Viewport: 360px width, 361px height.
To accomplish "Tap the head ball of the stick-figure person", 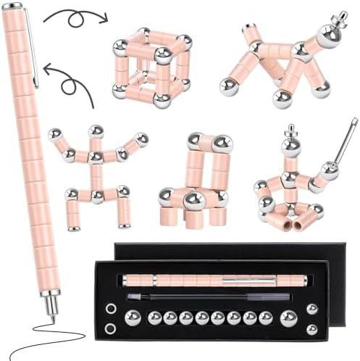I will pyautogui.click(x=96, y=131).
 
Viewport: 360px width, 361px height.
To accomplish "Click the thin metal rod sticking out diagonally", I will pyautogui.click(x=347, y=142).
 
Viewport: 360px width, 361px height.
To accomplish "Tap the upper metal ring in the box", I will pyautogui.click(x=110, y=308).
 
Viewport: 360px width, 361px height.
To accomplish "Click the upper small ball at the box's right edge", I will pyautogui.click(x=311, y=309).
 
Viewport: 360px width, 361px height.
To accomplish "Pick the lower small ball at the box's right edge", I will pyautogui.click(x=311, y=329).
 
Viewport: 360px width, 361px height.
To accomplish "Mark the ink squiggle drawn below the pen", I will pyautogui.click(x=36, y=344).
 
